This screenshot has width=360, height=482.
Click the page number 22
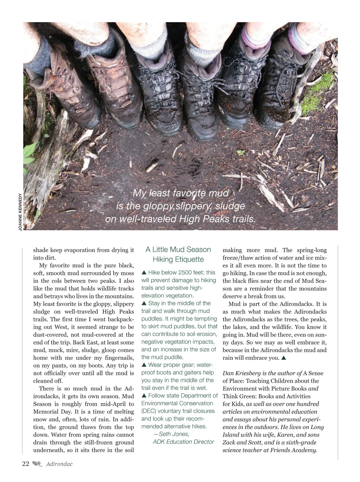pyautogui.click(x=25, y=464)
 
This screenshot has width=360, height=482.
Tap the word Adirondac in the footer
pyautogui.click(x=59, y=464)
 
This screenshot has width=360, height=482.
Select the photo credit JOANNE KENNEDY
pyautogui.click(x=20, y=212)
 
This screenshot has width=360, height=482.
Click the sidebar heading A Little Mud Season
pyautogui.click(x=178, y=249)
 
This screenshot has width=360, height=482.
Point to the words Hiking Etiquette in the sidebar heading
pyautogui.click(x=178, y=259)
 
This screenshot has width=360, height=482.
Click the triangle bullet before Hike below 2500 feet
pyautogui.click(x=144, y=273)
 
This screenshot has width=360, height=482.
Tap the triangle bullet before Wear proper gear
pyautogui.click(x=144, y=365)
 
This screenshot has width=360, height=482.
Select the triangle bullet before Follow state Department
pyautogui.click(x=144, y=396)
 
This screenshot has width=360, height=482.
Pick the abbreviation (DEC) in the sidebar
pyautogui.click(x=149, y=411)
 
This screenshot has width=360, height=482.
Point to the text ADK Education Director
pyautogui.click(x=183, y=442)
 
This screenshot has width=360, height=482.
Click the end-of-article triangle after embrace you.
pyautogui.click(x=284, y=358)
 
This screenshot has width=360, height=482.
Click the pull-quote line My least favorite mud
pyautogui.click(x=181, y=193)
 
